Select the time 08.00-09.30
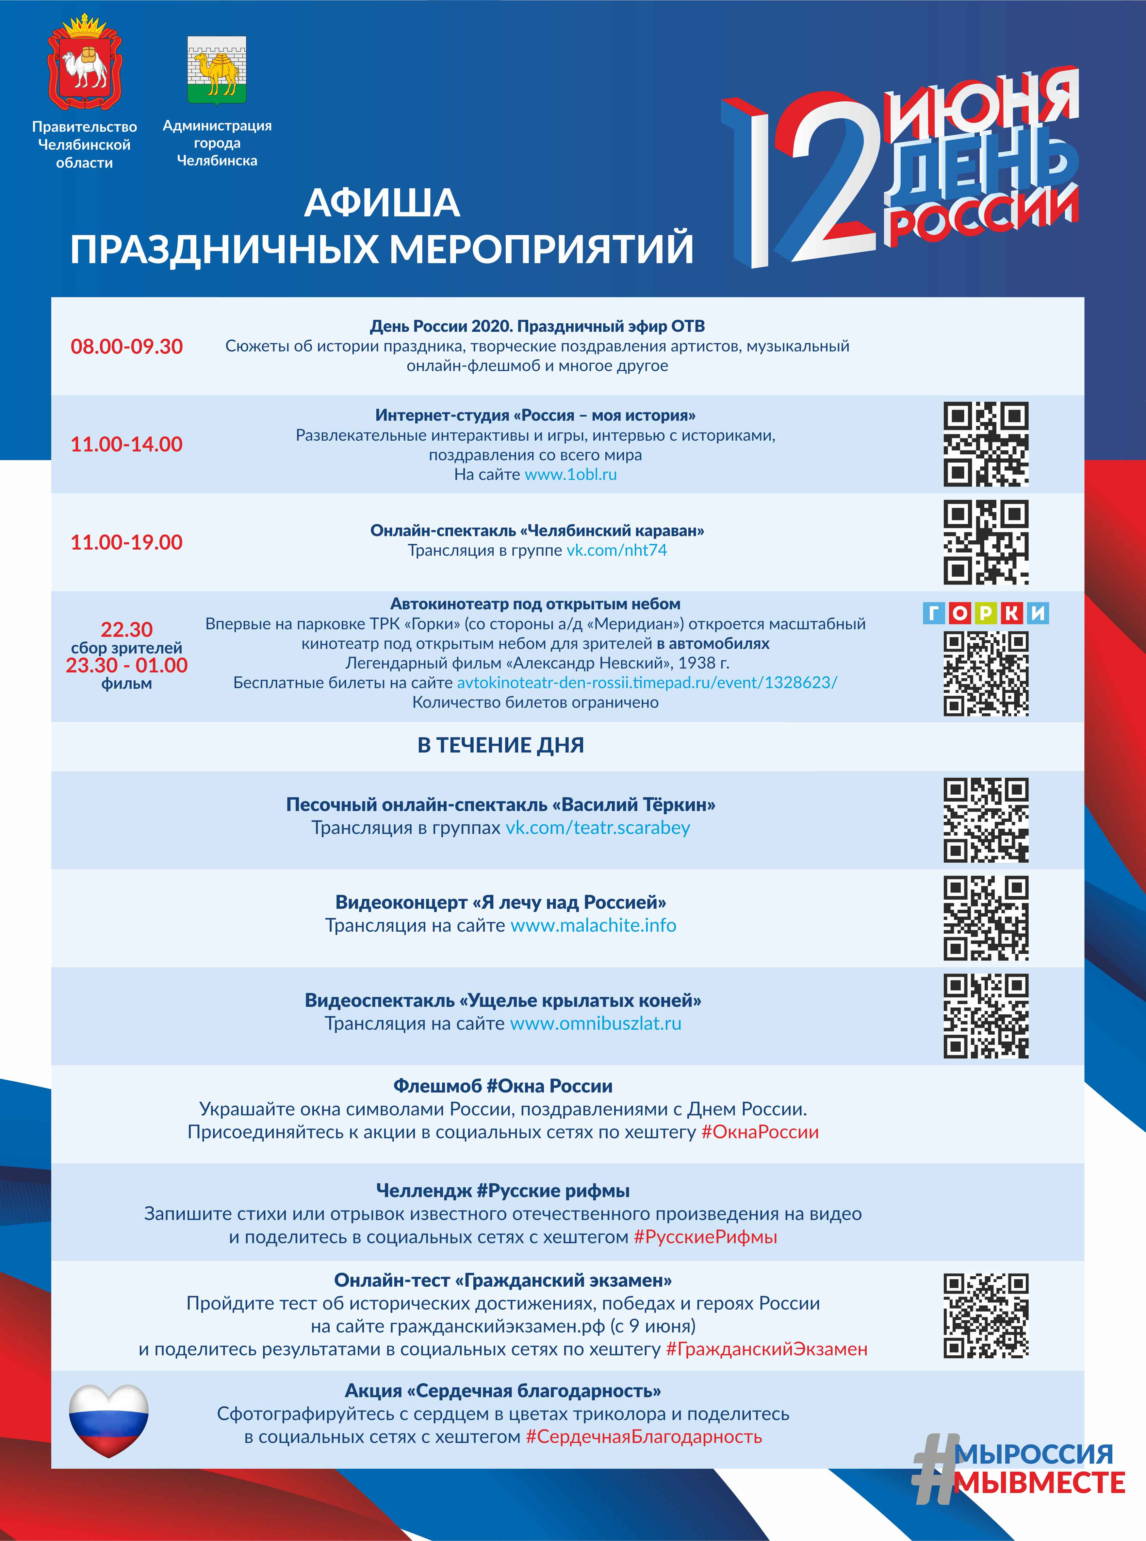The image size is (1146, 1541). [x=127, y=347]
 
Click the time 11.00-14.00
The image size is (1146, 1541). [x=127, y=444]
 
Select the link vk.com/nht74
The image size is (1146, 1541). [x=617, y=550]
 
